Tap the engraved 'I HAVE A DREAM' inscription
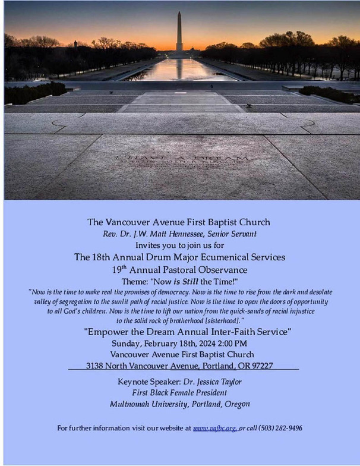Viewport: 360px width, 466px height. (181, 159)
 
